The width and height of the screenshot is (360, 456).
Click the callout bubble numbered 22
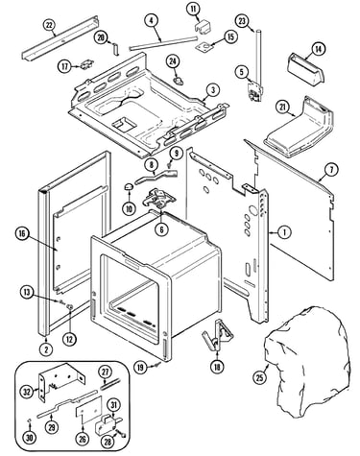49,25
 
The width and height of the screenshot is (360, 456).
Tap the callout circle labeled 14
318,49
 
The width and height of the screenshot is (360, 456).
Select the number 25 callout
260,377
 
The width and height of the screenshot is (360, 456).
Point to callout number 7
331,170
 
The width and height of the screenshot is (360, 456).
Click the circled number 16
22,234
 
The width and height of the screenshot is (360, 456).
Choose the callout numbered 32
28,391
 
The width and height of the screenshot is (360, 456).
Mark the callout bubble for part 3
213,90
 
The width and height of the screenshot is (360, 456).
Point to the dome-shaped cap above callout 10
129,187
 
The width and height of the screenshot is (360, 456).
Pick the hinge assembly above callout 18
218,334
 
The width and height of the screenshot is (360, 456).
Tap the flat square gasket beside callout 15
204,46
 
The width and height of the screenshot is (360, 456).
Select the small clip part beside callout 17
86,64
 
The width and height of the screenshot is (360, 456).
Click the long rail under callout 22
60,37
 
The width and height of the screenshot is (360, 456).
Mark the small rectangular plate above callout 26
88,410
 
